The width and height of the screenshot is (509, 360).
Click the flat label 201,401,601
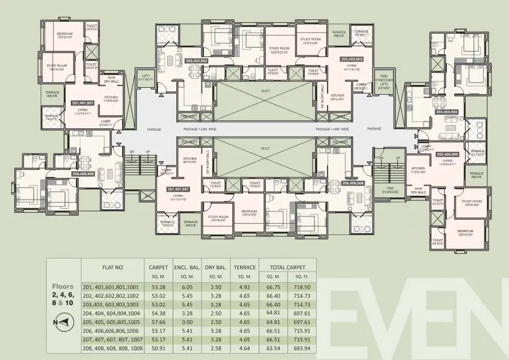click(82, 103)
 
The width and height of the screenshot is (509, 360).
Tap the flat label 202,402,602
click(196, 60)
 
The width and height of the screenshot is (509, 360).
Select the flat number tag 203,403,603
click(352, 59)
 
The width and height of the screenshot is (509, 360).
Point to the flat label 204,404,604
click(447, 112)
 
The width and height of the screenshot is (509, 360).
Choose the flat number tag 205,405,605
click(448, 154)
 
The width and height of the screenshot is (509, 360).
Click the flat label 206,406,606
click(353, 183)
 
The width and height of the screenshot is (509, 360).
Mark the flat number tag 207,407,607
click(177, 188)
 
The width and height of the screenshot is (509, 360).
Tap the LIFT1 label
click(146, 78)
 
